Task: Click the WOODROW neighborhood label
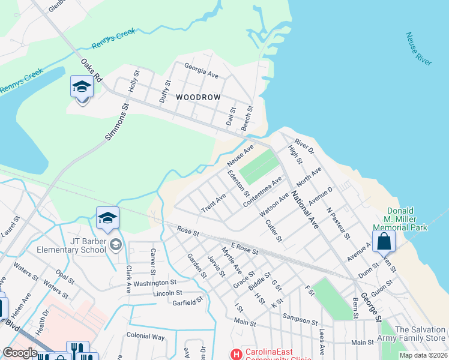[x=198, y=97]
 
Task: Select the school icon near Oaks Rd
[x=82, y=88]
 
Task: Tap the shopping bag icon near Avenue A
[x=384, y=242]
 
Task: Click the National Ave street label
[x=305, y=210]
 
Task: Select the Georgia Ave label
[x=201, y=70]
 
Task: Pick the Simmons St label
[x=118, y=122]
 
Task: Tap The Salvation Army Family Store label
[x=420, y=334]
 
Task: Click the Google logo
[x=20, y=352]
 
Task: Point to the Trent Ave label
[x=214, y=203]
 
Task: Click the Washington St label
[x=154, y=283]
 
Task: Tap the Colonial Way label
[x=145, y=337]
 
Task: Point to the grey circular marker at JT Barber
[x=116, y=244]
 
